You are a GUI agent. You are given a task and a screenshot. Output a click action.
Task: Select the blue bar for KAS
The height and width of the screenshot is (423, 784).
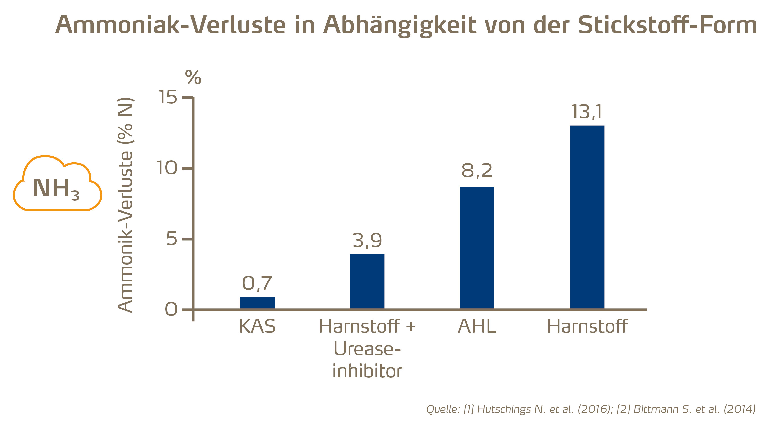(257, 303)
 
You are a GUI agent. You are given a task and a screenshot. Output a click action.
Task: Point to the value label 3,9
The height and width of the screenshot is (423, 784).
(367, 241)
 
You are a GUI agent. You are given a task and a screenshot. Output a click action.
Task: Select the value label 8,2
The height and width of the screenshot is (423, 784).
(477, 170)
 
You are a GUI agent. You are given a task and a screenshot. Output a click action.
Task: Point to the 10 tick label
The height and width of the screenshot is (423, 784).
(167, 168)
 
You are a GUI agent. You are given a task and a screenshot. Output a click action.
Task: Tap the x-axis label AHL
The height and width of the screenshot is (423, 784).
(477, 326)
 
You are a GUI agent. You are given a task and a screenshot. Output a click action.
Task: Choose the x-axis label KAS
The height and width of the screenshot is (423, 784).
(257, 326)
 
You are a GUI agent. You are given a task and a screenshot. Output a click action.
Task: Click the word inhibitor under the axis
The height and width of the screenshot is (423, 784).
(367, 371)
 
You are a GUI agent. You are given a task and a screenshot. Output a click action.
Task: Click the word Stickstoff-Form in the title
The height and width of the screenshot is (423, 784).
(667, 25)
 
